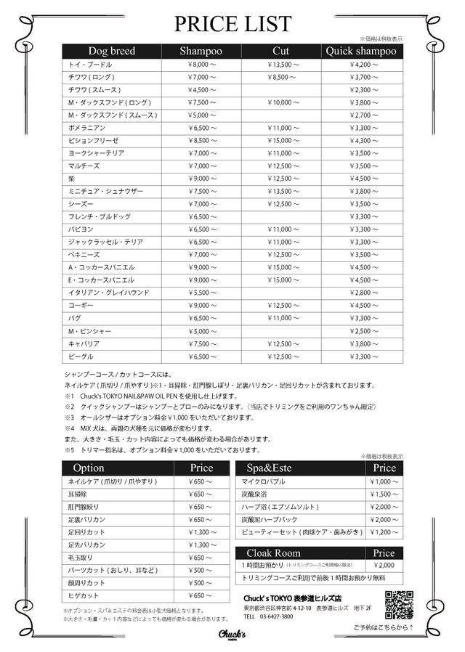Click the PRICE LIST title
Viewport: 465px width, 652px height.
[x=232, y=23]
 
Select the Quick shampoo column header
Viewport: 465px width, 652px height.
[x=361, y=51]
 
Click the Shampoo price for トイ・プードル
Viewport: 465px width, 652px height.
[x=201, y=65]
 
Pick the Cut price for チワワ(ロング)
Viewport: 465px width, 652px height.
[x=281, y=77]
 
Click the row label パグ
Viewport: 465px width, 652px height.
[x=75, y=318]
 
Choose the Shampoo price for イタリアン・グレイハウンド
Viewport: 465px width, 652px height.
[x=201, y=293]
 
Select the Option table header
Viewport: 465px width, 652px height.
[x=89, y=468]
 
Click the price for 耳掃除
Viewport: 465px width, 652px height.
[x=201, y=494]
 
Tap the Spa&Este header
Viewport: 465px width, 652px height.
[x=269, y=468]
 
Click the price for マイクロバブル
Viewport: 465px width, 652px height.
[x=384, y=481]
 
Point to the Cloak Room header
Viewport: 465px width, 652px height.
[x=273, y=553]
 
